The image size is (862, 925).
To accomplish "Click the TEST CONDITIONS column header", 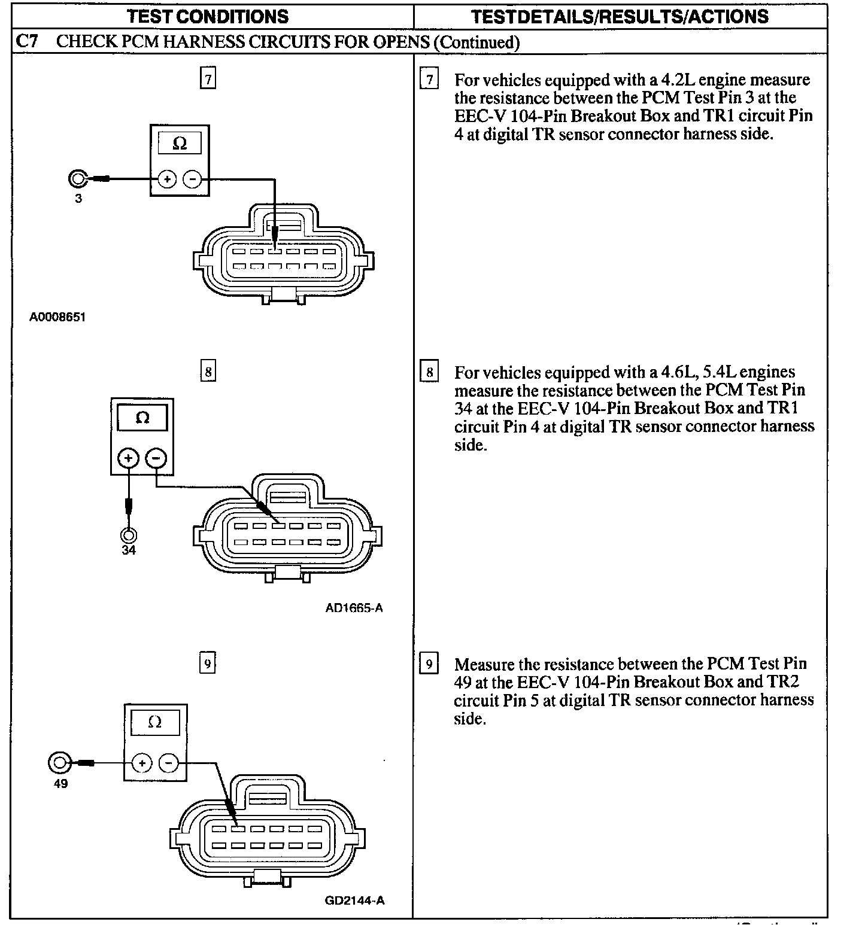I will (x=208, y=16).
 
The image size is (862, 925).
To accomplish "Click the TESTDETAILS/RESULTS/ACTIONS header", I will (x=620, y=16).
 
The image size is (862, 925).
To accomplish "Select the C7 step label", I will (x=26, y=41).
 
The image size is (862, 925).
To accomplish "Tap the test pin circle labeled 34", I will (x=129, y=535).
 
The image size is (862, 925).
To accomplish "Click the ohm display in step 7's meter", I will (x=179, y=144).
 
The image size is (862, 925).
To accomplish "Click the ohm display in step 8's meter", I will (x=142, y=417).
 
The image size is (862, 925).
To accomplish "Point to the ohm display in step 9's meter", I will (x=154, y=722).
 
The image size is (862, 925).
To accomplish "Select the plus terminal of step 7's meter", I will (x=166, y=178).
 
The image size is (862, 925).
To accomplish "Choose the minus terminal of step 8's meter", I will (x=156, y=458).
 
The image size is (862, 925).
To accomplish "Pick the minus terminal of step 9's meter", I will (x=169, y=763).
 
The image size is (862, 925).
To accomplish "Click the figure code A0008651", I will (x=57, y=317).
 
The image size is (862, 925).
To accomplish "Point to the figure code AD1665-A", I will (x=354, y=608).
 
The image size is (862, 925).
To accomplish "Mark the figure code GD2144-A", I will (x=354, y=900).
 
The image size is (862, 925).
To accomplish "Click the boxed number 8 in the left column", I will (x=208, y=372).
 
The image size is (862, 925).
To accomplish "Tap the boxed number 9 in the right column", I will (x=429, y=664).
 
